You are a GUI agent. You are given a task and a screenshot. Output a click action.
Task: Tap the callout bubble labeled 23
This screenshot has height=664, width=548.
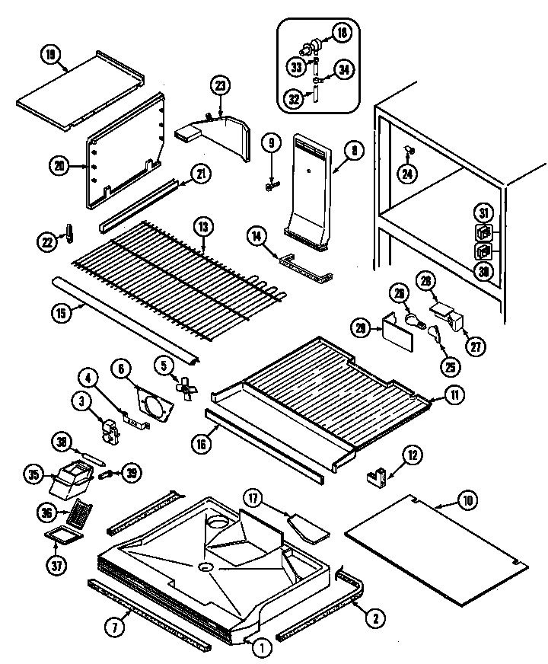coord(221,85)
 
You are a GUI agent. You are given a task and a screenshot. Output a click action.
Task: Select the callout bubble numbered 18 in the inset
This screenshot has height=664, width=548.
coord(342,32)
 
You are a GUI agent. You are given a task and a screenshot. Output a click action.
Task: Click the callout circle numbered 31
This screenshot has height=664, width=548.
coord(484,212)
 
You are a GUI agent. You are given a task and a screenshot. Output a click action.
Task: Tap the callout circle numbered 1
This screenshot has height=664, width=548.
coord(260,648)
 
